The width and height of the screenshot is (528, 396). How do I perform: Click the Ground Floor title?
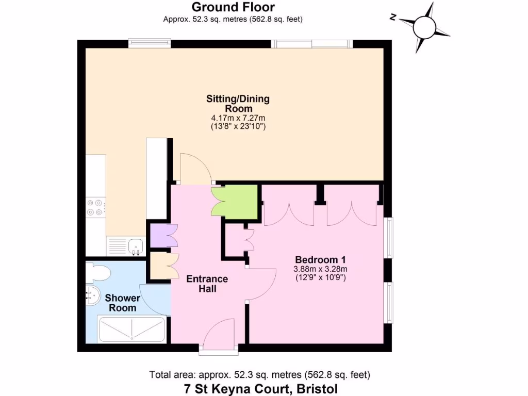coord(233,7)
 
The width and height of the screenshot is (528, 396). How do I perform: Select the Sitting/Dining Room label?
coord(238,104)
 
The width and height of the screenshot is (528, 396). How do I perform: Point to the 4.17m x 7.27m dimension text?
coord(238,118)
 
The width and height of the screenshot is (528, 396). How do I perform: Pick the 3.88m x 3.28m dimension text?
coord(320,269)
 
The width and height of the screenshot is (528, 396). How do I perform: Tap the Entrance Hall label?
coord(207,284)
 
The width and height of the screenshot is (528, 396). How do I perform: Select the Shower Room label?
coord(123,303)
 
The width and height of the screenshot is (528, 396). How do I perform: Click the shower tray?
coord(131,329)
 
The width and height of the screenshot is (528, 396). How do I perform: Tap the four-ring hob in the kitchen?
coord(96,207)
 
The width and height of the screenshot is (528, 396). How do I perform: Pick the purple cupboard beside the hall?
coord(159,236)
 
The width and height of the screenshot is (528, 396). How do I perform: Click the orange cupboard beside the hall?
coord(159,266)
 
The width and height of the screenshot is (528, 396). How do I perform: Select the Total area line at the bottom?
coord(259,375)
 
